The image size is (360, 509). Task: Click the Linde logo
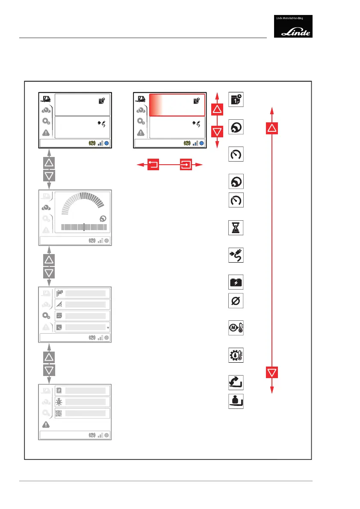[293, 26]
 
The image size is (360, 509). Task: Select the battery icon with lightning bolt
[236, 283]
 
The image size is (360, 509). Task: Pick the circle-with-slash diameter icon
[236, 301]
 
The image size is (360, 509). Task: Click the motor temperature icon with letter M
[236, 328]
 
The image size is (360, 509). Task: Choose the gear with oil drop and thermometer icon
[236, 355]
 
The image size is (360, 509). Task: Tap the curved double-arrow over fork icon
[236, 382]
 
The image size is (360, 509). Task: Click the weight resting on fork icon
[236, 401]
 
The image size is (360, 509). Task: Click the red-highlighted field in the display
[176, 105]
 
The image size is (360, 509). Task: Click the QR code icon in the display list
[59, 413]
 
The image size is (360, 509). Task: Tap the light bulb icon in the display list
[59, 402]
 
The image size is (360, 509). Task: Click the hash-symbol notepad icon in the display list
[59, 390]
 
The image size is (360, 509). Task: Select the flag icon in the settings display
[59, 293]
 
